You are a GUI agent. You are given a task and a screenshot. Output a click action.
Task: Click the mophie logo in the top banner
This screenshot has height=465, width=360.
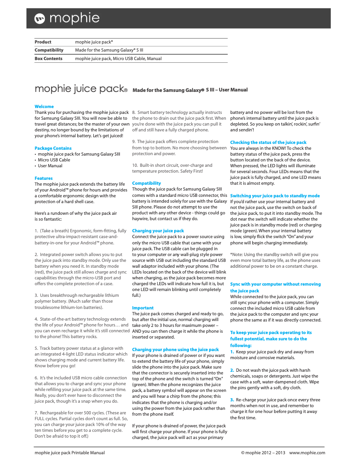coord(67,18)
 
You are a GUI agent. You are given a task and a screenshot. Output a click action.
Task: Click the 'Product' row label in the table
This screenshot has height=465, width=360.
coord(43,42)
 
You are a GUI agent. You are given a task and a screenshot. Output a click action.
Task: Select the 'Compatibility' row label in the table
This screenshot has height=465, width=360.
coord(49,50)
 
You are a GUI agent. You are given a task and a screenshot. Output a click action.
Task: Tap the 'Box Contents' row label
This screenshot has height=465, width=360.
coord(48,58)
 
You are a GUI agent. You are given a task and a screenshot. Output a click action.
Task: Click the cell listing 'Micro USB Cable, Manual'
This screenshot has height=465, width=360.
coord(119,58)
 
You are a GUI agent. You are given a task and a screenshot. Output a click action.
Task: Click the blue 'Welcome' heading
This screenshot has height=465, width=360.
coord(44,107)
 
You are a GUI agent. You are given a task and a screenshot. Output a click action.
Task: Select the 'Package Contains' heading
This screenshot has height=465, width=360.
coord(53,148)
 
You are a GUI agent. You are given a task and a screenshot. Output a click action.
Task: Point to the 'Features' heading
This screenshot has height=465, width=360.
coord(44,178)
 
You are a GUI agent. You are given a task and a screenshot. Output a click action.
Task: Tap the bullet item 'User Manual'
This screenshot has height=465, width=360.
coord(50,165)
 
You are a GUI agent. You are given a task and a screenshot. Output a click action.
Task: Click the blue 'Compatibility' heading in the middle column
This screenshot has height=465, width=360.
coord(146,183)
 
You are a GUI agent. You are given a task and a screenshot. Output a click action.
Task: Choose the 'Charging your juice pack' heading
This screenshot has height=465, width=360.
coord(158,230)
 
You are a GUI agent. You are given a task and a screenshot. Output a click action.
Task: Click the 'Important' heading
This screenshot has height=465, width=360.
coord(143,308)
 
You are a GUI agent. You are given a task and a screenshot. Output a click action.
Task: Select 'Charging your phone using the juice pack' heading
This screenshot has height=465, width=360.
coord(176,349)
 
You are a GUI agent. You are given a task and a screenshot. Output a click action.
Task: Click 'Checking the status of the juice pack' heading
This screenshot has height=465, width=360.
coord(268,142)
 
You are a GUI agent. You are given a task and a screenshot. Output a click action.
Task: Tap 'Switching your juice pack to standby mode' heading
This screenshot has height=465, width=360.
coord(275,196)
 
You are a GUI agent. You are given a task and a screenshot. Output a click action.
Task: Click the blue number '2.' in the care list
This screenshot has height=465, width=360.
coord(232,370)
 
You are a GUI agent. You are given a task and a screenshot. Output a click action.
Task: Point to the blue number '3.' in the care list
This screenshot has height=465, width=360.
coord(232,400)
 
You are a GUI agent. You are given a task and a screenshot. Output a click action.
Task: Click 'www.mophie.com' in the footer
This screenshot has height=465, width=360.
coord(307,453)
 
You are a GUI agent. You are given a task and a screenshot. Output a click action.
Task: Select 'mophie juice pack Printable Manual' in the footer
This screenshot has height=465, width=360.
coord(70,453)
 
